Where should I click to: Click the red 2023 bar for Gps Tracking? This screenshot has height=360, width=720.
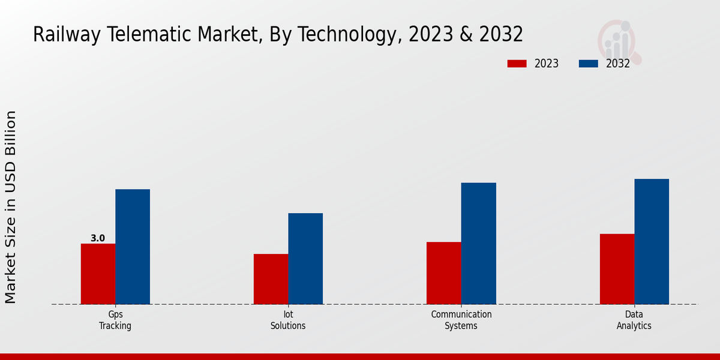pos(98,274)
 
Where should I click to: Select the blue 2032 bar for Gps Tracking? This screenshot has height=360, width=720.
pos(133,247)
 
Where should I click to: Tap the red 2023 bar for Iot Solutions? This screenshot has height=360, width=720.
pos(271,279)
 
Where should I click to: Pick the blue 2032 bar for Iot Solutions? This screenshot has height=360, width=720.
pos(305,259)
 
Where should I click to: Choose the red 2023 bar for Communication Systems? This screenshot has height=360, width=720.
pos(443,273)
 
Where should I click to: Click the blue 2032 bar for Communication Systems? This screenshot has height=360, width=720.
pos(479,243)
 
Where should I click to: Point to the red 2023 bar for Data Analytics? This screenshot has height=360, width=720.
pos(617,269)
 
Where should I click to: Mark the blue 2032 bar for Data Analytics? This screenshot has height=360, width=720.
pos(652,241)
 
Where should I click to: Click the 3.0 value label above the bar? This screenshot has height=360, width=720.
pos(98,238)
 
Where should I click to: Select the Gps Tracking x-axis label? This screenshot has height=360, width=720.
pos(115,320)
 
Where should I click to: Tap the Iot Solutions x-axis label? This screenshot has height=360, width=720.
pos(288,320)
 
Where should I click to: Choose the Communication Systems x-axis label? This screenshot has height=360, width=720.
pos(461,320)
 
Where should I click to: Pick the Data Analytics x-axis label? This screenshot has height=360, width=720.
pos(634,320)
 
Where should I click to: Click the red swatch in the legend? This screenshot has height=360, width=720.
pos(517,64)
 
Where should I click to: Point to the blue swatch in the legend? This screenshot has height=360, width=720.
pos(589,64)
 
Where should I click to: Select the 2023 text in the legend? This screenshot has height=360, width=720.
pos(547,64)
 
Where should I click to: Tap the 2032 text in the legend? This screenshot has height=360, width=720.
pos(618,64)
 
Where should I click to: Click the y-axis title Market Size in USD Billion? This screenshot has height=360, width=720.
pos(11,207)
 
